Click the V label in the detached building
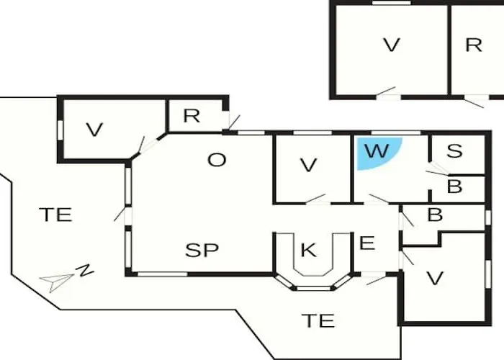click(x=391, y=45)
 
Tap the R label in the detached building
click(x=473, y=45)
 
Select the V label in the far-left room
click(x=94, y=130)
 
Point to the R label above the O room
click(x=191, y=115)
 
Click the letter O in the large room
click(x=217, y=160)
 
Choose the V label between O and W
click(x=309, y=165)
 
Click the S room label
click(x=454, y=151)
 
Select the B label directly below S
click(x=454, y=187)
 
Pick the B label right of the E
click(x=434, y=215)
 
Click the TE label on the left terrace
click(x=55, y=215)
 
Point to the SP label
click(x=202, y=251)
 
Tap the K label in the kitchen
click(x=308, y=251)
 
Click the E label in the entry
click(x=367, y=243)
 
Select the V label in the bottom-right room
click(x=433, y=278)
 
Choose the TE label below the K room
click(x=318, y=320)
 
